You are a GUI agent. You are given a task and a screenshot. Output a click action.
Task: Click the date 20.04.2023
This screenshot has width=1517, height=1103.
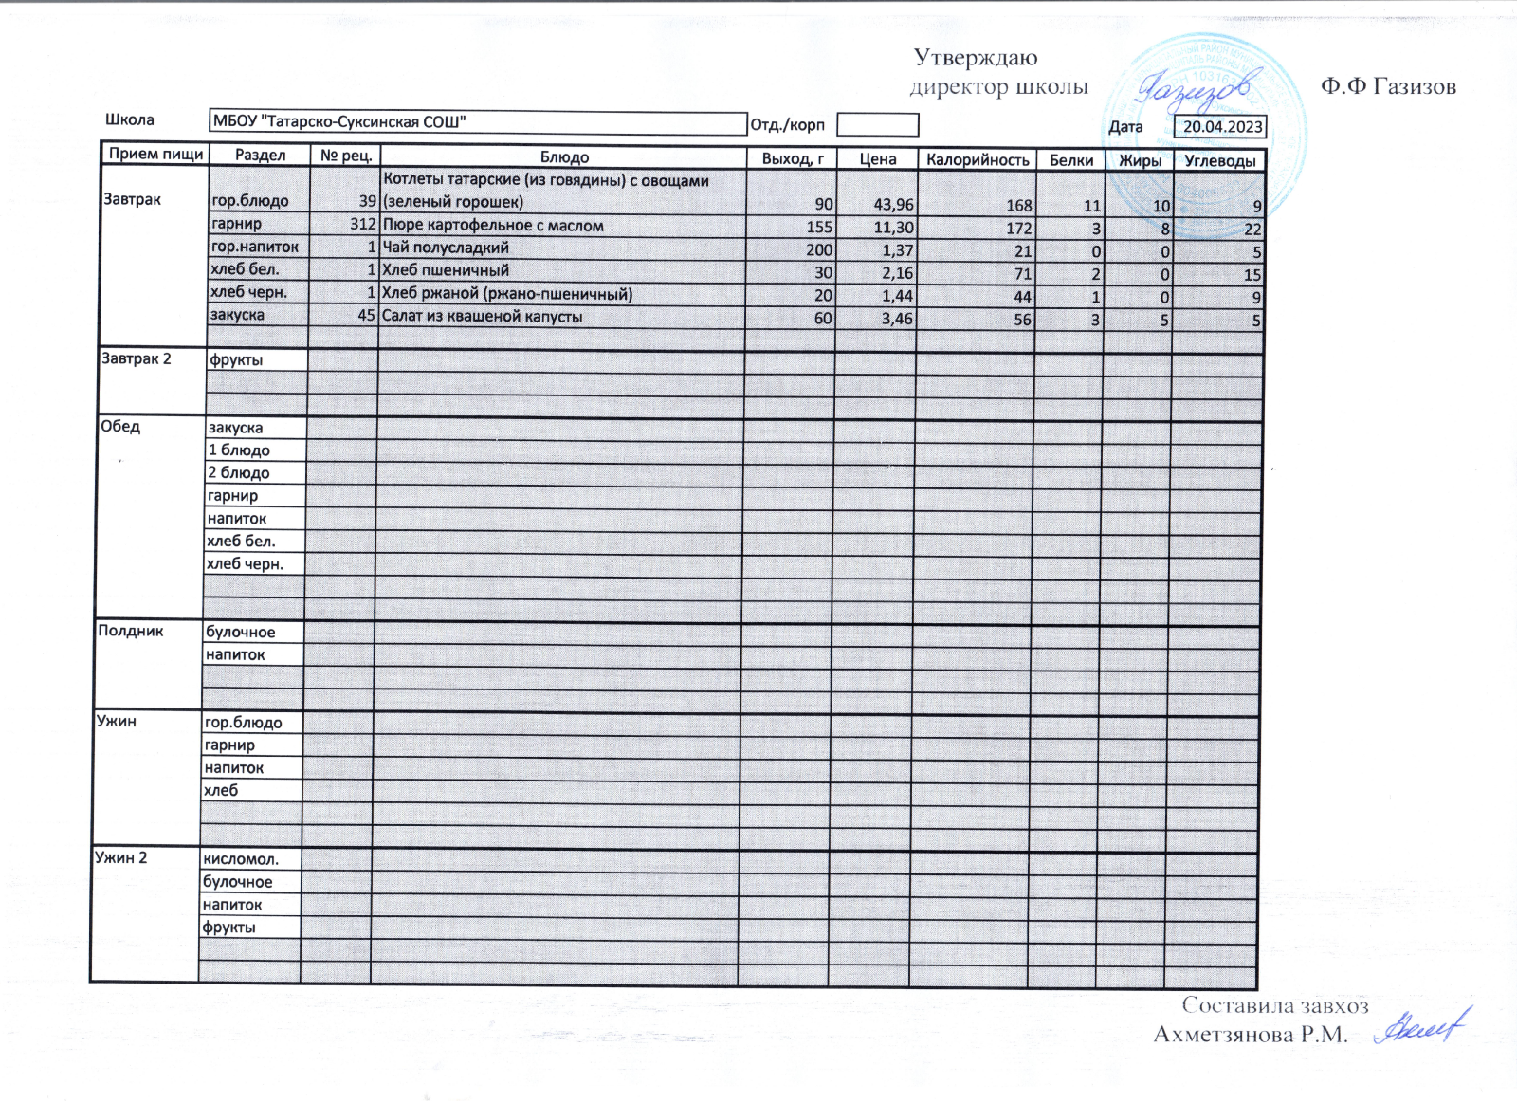[1222, 127]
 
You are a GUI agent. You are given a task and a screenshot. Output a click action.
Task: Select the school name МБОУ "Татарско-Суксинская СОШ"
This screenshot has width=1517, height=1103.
[338, 121]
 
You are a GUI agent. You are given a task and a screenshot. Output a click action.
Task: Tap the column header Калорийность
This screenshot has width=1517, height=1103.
[977, 159]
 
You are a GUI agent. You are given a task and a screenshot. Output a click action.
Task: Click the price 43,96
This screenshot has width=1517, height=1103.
[893, 204]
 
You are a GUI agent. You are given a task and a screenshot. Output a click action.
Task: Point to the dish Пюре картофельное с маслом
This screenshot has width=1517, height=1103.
[492, 226]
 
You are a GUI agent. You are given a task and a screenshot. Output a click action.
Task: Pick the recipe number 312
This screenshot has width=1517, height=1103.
[362, 225]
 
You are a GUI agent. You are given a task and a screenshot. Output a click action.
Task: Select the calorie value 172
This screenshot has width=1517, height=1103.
[1018, 229]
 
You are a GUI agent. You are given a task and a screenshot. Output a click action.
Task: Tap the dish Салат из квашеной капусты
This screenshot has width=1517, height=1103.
[482, 317]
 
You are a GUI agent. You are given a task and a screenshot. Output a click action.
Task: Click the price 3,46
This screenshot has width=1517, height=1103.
[896, 320]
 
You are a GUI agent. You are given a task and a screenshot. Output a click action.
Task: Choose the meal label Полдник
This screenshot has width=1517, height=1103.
[131, 631]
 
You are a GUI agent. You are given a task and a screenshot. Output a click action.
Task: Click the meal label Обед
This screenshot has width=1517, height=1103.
[120, 426]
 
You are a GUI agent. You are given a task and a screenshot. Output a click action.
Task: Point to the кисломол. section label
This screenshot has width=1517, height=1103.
[240, 859]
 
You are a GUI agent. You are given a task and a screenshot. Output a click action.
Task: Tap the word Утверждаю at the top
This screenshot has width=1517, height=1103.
[976, 58]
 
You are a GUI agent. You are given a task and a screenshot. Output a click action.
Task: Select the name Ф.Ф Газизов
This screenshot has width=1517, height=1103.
[1388, 87]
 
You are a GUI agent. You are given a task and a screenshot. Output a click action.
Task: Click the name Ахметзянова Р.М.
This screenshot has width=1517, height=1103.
[1250, 1035]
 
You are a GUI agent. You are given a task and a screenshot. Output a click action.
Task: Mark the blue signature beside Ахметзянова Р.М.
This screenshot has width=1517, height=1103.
[1420, 1027]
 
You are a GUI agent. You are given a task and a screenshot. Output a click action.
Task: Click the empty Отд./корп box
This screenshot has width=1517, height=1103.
[877, 124]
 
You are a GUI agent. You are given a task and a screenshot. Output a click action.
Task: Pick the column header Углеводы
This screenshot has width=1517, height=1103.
[1219, 160]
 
